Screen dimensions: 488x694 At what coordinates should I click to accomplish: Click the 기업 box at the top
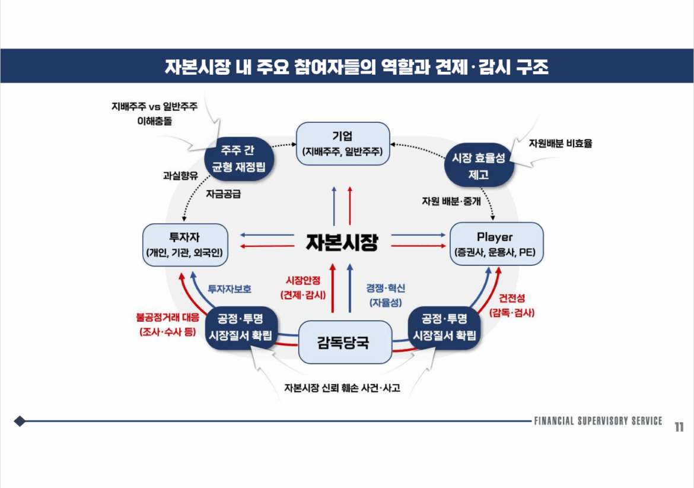point(343,141)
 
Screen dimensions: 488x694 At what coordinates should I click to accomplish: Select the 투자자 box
point(186,245)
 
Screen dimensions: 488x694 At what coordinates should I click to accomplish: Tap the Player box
point(496,244)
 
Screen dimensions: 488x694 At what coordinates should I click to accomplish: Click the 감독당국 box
point(343,342)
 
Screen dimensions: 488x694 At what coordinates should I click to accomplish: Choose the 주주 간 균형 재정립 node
point(238,158)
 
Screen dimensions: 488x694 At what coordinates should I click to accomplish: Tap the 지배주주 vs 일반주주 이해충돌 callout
point(154,113)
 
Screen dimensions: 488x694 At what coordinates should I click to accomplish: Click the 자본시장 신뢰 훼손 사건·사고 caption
point(342,388)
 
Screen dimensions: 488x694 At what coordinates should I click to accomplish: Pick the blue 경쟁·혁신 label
point(386,294)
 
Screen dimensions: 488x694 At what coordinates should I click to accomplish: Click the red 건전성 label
point(512,305)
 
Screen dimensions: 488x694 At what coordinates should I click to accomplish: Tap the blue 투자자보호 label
point(229,289)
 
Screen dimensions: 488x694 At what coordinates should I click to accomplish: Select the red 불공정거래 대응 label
point(167,324)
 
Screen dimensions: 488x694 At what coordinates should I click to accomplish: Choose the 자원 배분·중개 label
point(451,201)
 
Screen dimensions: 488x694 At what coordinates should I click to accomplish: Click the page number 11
point(679,427)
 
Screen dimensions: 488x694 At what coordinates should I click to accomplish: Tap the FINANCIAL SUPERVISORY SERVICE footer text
point(598,421)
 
